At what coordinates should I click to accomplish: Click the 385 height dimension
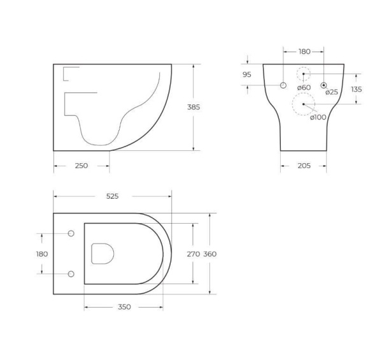click(194, 108)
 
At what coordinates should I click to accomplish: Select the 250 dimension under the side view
click(81, 166)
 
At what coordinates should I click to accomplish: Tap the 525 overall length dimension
click(112, 196)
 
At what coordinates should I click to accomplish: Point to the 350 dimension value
click(124, 307)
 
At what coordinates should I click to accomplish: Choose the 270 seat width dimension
click(193, 254)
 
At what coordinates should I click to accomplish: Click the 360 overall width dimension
click(210, 254)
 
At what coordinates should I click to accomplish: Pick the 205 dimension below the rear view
click(304, 166)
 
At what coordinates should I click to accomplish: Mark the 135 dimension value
click(356, 90)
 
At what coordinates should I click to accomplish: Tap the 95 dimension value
click(247, 75)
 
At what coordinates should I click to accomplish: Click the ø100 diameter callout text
click(318, 117)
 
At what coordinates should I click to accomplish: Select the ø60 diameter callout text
click(304, 87)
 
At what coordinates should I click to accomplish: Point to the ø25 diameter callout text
click(332, 92)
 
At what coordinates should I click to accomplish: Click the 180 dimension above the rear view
click(304, 52)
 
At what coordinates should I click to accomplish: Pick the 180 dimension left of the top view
click(42, 254)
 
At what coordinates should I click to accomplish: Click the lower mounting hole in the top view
click(71, 274)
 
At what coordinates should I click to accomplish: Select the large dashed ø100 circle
click(304, 103)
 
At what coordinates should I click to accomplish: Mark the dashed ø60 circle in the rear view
click(304, 73)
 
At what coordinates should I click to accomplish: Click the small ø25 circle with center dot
click(324, 85)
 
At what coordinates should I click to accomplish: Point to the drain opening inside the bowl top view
click(103, 254)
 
